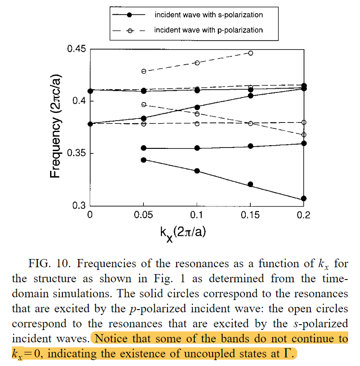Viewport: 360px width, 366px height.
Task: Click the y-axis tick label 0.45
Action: click(x=76, y=49)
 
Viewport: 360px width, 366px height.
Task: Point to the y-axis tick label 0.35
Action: click(x=76, y=153)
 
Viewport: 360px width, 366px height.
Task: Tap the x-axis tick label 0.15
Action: click(x=250, y=215)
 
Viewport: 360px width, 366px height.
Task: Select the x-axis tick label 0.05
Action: click(x=144, y=215)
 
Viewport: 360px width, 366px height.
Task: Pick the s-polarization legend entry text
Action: click(x=208, y=15)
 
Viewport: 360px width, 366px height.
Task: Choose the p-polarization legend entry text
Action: click(x=208, y=30)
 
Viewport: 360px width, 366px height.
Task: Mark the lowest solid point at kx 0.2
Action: click(x=304, y=198)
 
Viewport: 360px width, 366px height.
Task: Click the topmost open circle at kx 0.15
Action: click(x=250, y=53)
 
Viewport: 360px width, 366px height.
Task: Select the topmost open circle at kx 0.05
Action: click(x=144, y=71)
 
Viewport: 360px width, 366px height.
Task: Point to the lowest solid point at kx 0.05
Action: click(x=144, y=160)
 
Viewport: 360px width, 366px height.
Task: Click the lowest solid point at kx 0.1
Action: click(x=197, y=171)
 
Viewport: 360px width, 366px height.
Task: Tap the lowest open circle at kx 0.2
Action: click(x=304, y=135)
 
